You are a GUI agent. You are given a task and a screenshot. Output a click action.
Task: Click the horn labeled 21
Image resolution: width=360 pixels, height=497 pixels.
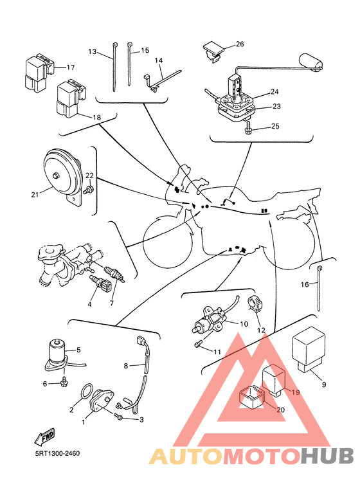click(x=62, y=176)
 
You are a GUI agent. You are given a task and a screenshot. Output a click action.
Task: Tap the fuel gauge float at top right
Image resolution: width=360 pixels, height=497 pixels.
click(x=312, y=62)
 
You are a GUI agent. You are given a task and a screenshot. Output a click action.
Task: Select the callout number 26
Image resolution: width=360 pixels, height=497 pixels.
click(x=240, y=44)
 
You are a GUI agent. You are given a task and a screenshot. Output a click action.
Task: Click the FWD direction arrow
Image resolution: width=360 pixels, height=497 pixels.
click(x=45, y=437)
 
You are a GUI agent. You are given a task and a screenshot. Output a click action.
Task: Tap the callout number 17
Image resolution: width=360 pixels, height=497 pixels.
click(x=70, y=68)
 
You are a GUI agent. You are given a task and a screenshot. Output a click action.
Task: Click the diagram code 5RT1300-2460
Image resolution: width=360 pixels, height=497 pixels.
click(x=57, y=453)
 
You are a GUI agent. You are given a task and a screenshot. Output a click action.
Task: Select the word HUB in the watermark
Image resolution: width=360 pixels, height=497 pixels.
click(x=327, y=455)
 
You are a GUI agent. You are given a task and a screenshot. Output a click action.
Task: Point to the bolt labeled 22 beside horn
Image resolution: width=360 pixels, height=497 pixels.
click(x=89, y=190)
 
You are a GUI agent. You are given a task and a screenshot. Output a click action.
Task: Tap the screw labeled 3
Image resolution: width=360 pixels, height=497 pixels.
click(x=120, y=416)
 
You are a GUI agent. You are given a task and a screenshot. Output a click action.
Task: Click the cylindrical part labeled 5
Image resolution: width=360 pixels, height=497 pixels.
click(x=58, y=354)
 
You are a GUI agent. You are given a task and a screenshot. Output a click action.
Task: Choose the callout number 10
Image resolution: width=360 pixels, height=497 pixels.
click(x=244, y=324)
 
